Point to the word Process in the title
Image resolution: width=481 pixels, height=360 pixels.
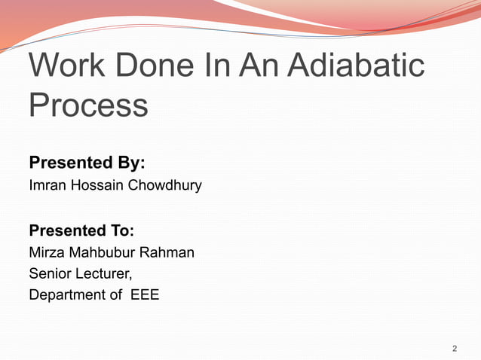point(88,105)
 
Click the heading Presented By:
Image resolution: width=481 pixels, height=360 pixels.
point(87,163)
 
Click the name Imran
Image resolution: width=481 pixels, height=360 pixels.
point(48,185)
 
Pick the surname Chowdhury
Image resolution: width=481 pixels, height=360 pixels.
point(165,185)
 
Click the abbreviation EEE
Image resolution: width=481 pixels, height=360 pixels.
point(145,295)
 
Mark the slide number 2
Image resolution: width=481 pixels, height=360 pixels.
point(455,349)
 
